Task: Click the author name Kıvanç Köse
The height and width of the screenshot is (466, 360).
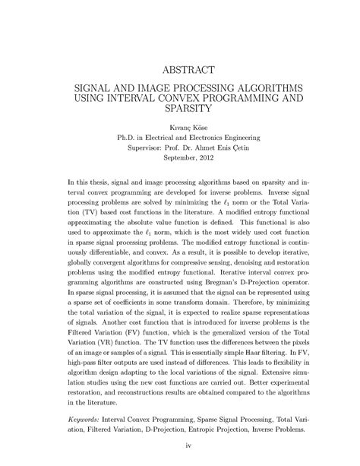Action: [180, 127]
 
